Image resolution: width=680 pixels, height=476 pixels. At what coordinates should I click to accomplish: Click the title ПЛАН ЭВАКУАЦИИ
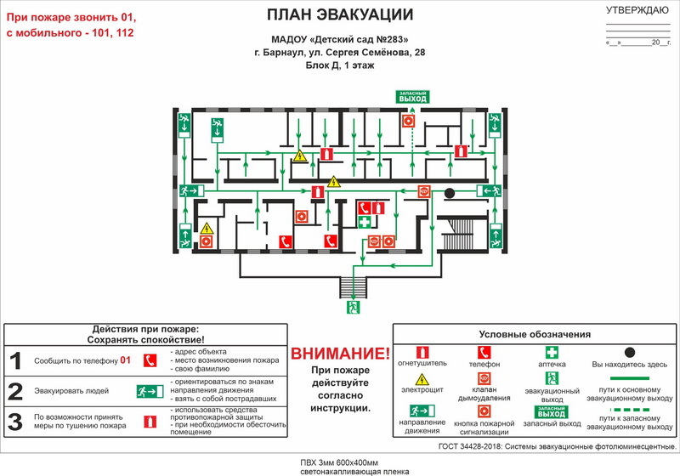click(340, 14)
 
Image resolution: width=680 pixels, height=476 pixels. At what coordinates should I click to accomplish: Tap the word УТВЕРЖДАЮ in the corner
click(637, 10)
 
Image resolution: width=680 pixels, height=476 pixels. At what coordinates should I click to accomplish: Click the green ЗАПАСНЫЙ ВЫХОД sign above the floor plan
click(413, 96)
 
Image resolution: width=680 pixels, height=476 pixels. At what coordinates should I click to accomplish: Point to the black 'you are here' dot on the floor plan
click(450, 193)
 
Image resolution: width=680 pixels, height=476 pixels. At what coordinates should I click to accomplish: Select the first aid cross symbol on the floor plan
click(365, 223)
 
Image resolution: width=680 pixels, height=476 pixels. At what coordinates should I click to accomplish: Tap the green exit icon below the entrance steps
click(354, 307)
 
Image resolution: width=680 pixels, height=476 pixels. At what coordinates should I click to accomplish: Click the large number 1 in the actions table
click(15, 360)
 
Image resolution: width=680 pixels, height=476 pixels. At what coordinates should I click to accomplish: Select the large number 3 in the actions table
click(15, 421)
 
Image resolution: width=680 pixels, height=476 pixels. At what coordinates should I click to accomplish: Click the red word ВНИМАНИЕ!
click(340, 353)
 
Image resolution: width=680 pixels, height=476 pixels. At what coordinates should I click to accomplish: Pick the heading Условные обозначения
click(535, 334)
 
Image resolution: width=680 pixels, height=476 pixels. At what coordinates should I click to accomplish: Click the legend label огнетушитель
click(422, 364)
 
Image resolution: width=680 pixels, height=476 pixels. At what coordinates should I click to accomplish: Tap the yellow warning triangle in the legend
click(422, 378)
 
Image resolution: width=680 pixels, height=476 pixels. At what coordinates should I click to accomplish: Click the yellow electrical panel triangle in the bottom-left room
click(207, 228)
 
